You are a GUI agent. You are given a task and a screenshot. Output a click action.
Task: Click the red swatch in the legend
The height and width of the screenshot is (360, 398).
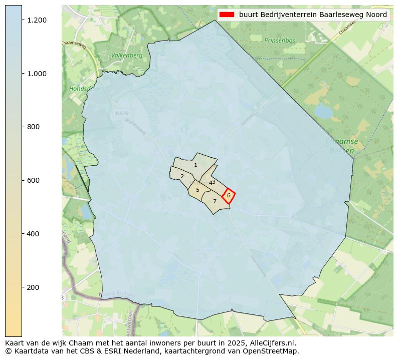[227, 15]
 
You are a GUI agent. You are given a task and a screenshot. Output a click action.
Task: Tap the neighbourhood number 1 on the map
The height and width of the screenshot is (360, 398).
[195, 165]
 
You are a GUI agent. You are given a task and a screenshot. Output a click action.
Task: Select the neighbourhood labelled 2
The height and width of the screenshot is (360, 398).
[182, 176]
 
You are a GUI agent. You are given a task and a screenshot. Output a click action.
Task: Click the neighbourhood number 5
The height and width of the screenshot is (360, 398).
[197, 190]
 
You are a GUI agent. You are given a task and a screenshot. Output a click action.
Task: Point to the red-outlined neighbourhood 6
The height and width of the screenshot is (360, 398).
[229, 195]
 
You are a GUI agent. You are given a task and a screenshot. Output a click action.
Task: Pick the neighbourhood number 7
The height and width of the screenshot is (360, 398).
[215, 201]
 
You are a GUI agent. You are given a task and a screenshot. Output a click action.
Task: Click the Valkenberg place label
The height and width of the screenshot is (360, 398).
[126, 56]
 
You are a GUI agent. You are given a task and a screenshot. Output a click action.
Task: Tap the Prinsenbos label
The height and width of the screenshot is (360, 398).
[280, 41]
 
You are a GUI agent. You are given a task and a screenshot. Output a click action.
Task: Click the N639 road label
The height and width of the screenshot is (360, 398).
[122, 114]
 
